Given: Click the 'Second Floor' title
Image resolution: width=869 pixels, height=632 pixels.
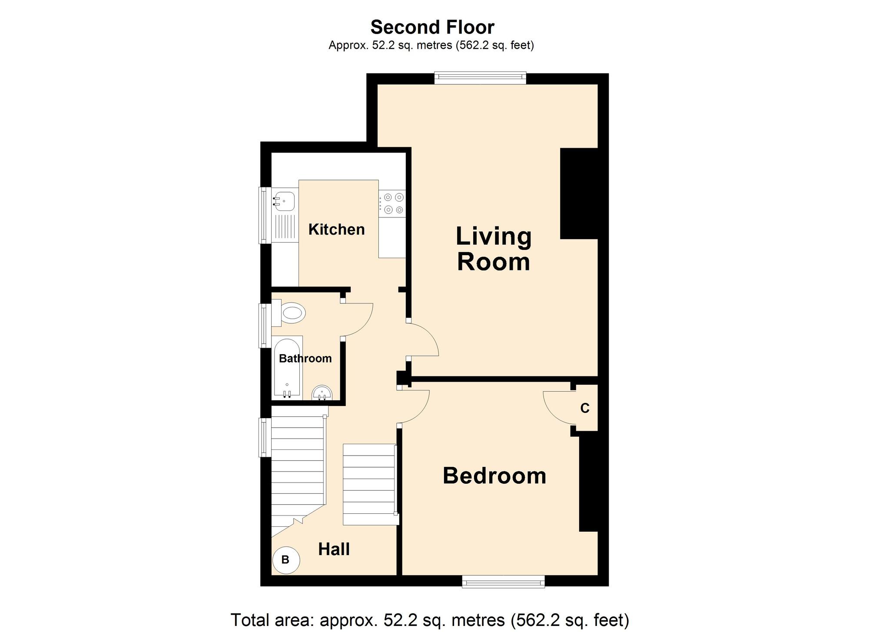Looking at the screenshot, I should tap(432, 27).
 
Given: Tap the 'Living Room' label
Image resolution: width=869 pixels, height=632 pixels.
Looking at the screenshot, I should tap(493, 249).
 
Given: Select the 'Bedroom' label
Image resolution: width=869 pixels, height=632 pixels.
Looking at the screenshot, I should tap(494, 476).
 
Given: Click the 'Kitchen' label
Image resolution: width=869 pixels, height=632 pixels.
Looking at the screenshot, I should tap(336, 230).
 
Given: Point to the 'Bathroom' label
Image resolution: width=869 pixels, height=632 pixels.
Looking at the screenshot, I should tap(305, 359).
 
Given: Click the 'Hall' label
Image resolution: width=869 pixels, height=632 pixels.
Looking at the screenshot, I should tap(334, 549).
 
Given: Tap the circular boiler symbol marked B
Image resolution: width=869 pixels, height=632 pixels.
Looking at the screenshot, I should tap(285, 560).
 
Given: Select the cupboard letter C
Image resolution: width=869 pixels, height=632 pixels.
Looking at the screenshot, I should tap(585, 409).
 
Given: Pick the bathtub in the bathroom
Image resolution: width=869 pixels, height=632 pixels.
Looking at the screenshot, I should tap(287, 367).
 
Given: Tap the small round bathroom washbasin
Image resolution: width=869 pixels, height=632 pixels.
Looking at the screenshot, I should tap(322, 393).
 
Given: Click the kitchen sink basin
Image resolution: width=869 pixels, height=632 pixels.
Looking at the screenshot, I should tap(284, 201).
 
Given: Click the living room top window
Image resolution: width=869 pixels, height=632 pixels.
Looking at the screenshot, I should tap(480, 78).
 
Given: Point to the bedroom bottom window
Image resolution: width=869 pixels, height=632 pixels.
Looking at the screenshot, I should tap(503, 581).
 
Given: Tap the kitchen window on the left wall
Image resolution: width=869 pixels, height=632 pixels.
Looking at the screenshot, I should tap(263, 215).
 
